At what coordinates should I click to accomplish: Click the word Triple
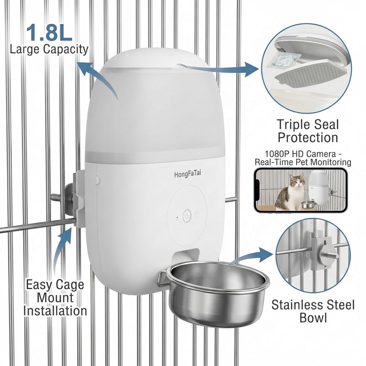click(293, 125)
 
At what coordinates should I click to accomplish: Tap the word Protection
click(308, 137)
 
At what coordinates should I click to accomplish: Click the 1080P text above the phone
click(276, 154)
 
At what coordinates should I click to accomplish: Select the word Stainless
click(296, 305)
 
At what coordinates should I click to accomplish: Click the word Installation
click(55, 311)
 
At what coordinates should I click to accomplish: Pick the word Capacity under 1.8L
click(66, 50)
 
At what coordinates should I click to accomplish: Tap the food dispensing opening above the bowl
click(186, 256)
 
